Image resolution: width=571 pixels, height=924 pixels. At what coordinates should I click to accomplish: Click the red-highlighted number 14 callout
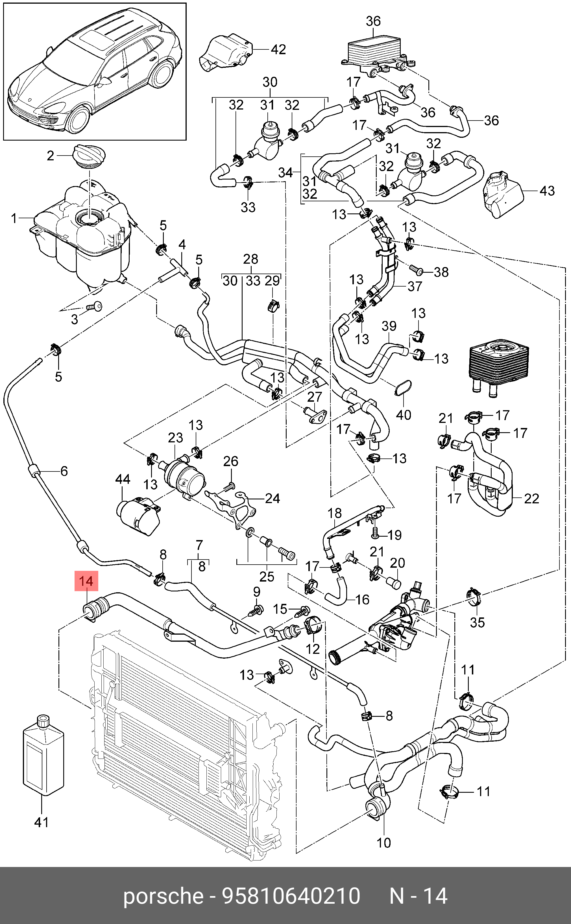click(x=86, y=581)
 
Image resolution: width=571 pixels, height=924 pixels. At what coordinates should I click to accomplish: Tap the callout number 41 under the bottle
click(x=42, y=822)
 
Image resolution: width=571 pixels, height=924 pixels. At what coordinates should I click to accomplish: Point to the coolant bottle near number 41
click(x=43, y=755)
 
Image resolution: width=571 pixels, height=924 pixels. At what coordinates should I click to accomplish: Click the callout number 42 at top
click(x=278, y=49)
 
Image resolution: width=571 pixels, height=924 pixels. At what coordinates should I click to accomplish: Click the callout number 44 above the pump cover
click(x=123, y=479)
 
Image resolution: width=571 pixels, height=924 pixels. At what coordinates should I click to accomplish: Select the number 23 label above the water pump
click(x=176, y=438)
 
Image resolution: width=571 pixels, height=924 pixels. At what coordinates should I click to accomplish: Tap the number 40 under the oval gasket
click(x=403, y=414)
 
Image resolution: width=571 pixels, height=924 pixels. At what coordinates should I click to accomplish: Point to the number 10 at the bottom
click(x=384, y=842)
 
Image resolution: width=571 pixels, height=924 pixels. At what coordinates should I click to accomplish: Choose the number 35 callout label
click(x=477, y=622)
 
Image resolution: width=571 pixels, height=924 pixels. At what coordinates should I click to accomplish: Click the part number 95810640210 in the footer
click(x=291, y=896)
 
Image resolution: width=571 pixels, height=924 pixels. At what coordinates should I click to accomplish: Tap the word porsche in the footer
click(x=163, y=896)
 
